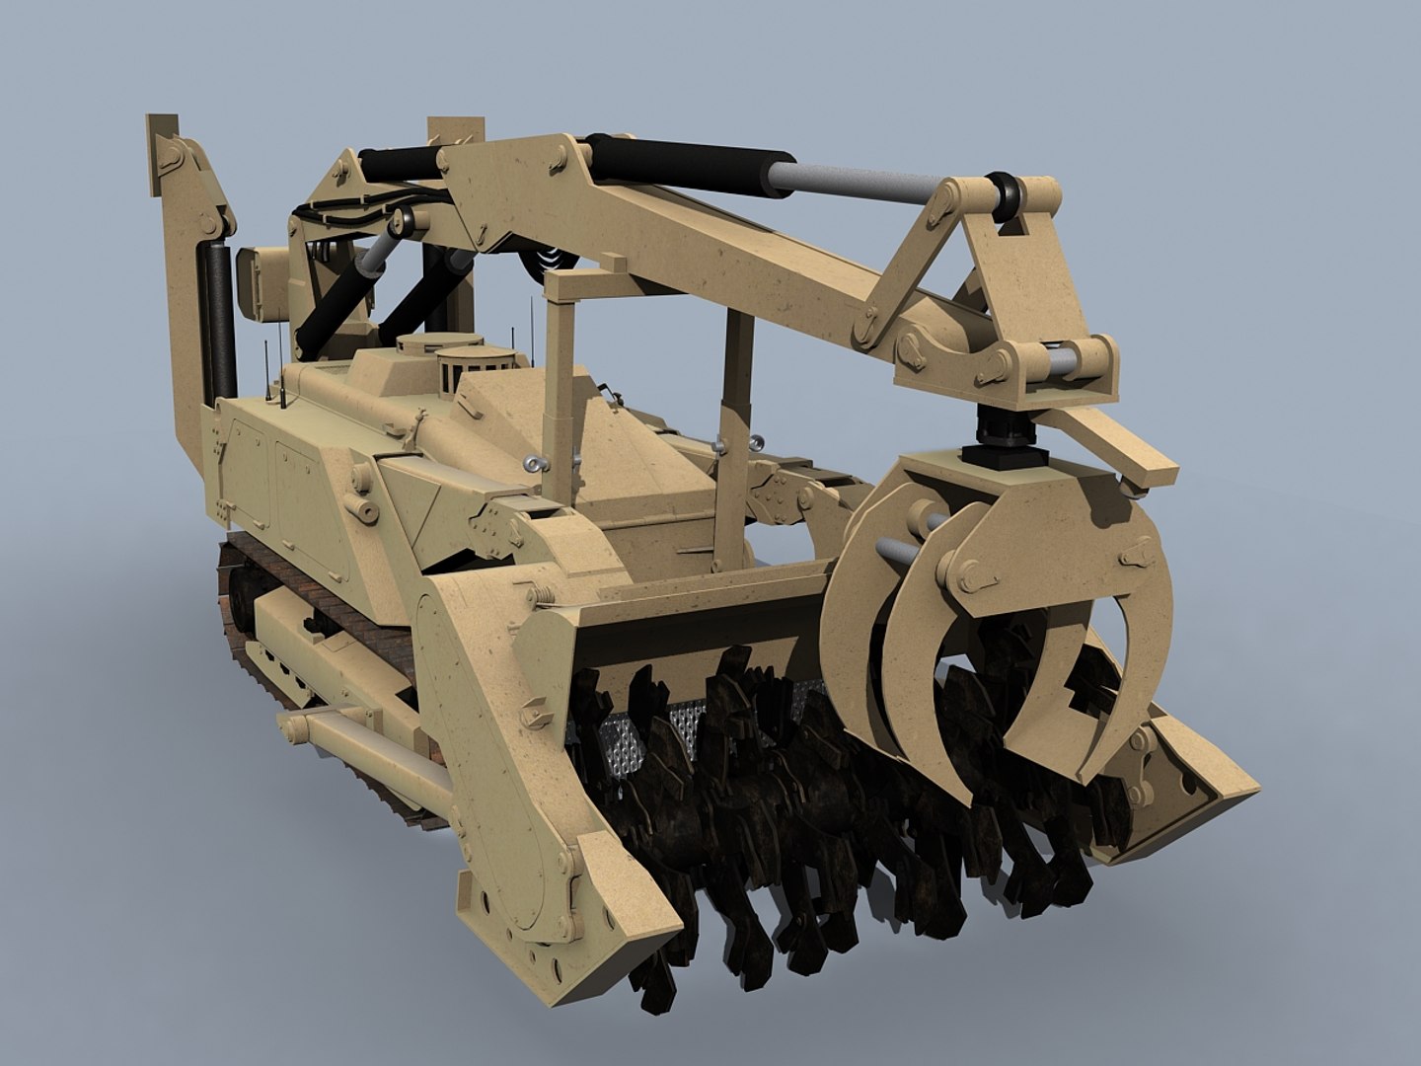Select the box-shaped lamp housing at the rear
[x=262, y=283]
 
